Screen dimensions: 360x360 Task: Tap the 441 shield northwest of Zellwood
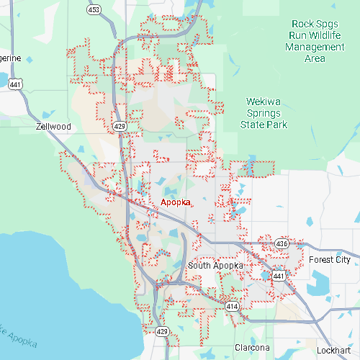tap(14, 84)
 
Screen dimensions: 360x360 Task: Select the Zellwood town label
tap(54, 126)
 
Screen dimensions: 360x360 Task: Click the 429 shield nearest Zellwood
tap(119, 126)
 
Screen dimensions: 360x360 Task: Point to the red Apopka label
tap(176, 202)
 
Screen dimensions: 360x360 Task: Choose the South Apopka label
tap(215, 266)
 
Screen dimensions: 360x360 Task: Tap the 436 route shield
tap(282, 244)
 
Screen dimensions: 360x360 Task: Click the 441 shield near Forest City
tap(279, 275)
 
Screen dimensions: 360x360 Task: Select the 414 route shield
tap(232, 306)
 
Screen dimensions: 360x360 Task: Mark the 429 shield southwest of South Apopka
tap(163, 331)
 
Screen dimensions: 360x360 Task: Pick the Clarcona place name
tap(252, 347)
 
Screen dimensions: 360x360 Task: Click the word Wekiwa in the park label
tap(264, 102)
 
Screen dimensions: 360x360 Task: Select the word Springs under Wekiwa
tap(264, 113)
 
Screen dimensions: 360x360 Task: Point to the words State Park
tap(264, 125)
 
